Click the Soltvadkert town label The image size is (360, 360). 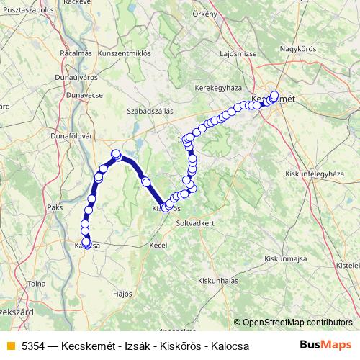tap(196, 223)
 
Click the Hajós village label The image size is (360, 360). tap(123, 294)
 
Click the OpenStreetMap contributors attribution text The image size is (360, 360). tap(297, 323)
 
